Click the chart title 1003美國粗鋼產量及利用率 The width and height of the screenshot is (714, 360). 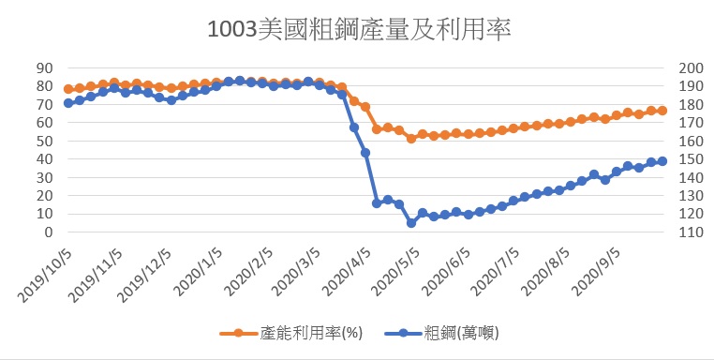(359, 30)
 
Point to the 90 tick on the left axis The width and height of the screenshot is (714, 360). (45, 67)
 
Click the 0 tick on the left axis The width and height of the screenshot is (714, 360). (49, 232)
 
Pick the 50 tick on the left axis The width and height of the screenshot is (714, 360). (45, 141)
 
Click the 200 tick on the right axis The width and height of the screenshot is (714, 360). (692, 67)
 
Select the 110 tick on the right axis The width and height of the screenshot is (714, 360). (692, 232)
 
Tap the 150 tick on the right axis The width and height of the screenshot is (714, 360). (692, 159)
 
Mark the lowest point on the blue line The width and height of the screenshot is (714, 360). (411, 223)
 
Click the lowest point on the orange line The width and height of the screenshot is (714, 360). (411, 139)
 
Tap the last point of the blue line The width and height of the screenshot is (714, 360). (662, 161)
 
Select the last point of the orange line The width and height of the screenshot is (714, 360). (662, 111)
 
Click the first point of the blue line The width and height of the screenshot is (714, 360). (68, 103)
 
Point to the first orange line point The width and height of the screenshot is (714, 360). (68, 89)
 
